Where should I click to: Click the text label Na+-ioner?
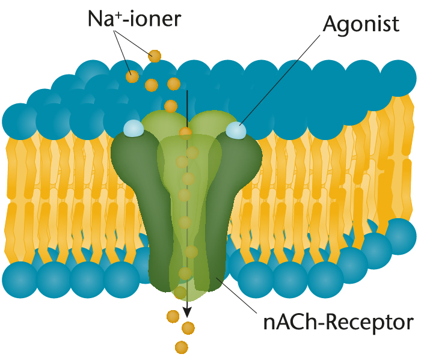135,19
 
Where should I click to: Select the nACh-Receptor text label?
338,323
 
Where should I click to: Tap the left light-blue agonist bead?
134,127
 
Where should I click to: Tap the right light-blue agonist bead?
236,130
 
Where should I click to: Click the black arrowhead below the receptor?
187,312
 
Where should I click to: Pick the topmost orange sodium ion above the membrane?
155,56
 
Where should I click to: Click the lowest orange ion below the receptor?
182,347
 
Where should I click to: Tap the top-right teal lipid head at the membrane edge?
398,78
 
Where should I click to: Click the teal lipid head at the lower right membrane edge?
398,237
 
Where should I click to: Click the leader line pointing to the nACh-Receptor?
236,295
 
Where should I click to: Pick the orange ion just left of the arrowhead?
173,316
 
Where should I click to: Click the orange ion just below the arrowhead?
188,328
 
